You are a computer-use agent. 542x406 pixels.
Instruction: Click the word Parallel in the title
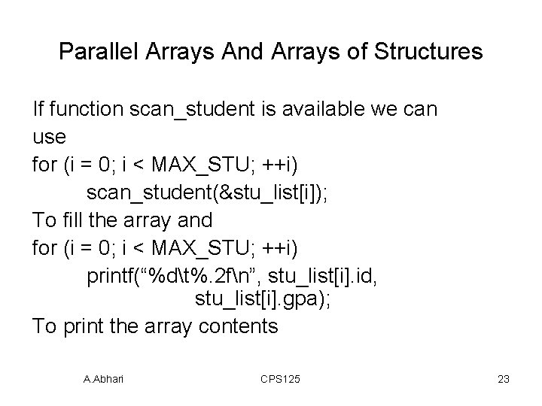[93, 52]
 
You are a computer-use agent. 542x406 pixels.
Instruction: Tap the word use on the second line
[50, 138]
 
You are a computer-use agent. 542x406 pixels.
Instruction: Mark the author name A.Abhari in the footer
[104, 380]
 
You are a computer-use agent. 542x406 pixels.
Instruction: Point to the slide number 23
[504, 380]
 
